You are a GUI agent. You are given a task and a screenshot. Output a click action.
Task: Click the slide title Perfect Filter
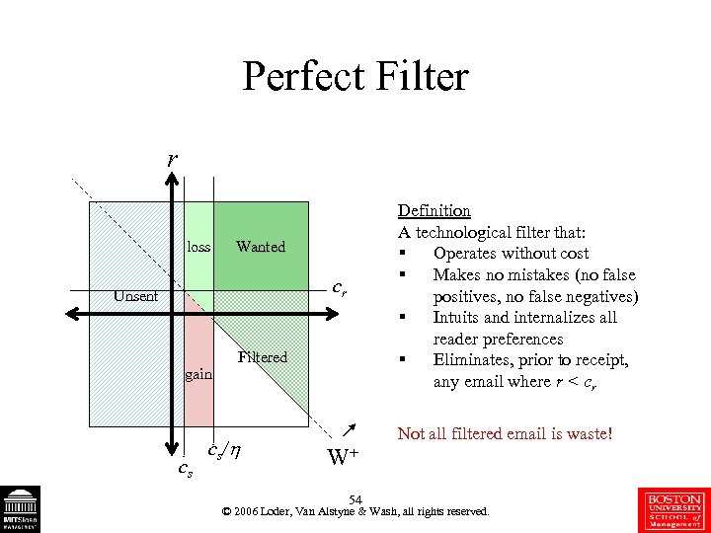pyautogui.click(x=355, y=76)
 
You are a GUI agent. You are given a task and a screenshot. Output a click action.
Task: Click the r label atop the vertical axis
pyautogui.click(x=173, y=158)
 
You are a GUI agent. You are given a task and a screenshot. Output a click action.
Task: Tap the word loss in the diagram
pyautogui.click(x=198, y=247)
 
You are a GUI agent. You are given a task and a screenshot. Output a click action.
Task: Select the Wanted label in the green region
pyautogui.click(x=261, y=247)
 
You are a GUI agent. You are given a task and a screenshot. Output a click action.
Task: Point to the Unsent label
pyautogui.click(x=135, y=295)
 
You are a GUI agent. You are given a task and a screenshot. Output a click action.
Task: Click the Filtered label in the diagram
pyautogui.click(x=263, y=357)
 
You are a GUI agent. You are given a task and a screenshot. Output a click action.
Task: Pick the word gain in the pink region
pyautogui.click(x=198, y=375)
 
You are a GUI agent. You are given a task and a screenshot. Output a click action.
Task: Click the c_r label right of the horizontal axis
pyautogui.click(x=339, y=289)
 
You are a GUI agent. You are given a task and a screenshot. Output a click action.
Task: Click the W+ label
pyautogui.click(x=342, y=456)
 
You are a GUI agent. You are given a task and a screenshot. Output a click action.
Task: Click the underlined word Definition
pyautogui.click(x=434, y=210)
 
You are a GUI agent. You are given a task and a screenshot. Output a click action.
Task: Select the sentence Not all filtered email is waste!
pyautogui.click(x=505, y=433)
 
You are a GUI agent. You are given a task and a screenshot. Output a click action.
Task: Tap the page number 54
pyautogui.click(x=355, y=499)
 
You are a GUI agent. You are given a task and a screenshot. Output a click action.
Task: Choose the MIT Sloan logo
pyautogui.click(x=21, y=509)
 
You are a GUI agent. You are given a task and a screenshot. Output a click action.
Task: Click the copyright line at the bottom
pyautogui.click(x=355, y=512)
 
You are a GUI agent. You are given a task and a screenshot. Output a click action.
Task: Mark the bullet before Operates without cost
pyautogui.click(x=403, y=254)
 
